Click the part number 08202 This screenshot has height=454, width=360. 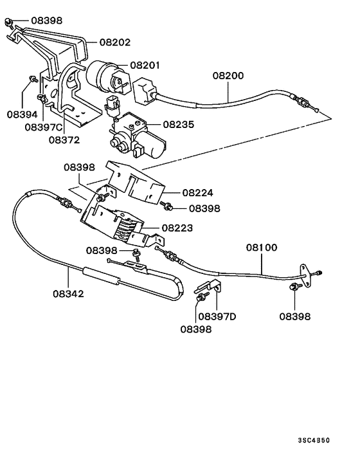click(x=115, y=42)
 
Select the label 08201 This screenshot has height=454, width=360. click(x=145, y=65)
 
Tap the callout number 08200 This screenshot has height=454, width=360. click(x=228, y=76)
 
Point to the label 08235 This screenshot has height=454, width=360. click(x=179, y=125)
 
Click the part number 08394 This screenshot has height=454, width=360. click(x=22, y=114)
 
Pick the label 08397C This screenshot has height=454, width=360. click(x=44, y=127)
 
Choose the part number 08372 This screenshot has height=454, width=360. click(x=64, y=140)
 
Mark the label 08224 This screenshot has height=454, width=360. click(x=197, y=193)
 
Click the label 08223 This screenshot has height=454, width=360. click(x=177, y=228)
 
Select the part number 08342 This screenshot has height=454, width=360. click(x=68, y=294)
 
